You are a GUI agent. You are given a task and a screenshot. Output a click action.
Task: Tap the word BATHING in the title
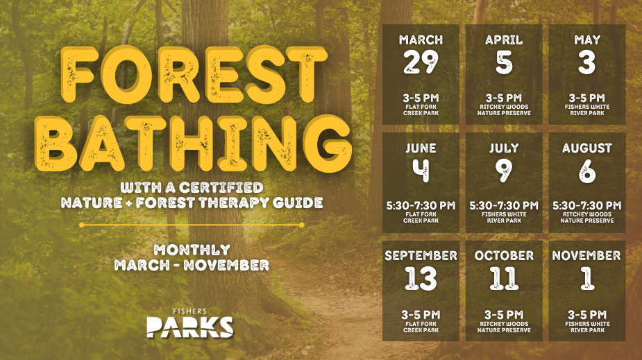point(194,142)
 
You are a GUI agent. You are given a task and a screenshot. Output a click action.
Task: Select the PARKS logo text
point(189,326)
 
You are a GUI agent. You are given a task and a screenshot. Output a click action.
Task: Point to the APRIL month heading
point(504,40)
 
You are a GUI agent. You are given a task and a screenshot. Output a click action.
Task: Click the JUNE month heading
point(421,148)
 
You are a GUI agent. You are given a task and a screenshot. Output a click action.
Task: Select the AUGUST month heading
point(587,148)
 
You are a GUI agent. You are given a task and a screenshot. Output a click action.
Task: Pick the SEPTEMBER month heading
point(421,256)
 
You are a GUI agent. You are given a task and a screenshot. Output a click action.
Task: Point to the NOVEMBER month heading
point(587,256)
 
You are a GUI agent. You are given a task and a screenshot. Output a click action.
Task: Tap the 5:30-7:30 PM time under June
point(421,205)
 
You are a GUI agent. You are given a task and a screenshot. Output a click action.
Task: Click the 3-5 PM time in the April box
point(504,98)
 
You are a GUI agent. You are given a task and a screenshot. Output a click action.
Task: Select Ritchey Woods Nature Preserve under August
point(587,218)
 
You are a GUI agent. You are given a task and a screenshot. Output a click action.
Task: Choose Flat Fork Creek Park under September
point(421,327)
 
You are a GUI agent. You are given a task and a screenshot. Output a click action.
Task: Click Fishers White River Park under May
point(587,110)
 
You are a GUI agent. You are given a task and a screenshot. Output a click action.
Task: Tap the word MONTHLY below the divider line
point(192,249)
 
